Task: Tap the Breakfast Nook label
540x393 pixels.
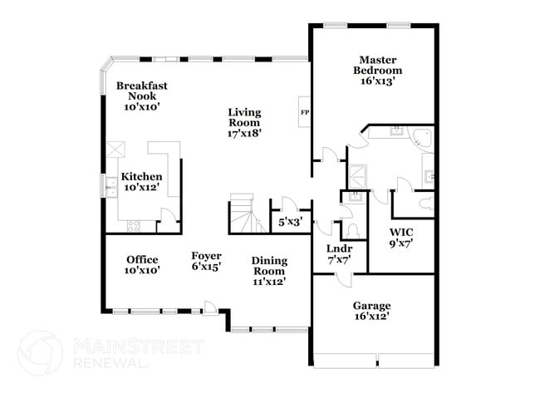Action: click(x=137, y=91)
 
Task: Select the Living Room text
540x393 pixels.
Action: click(x=245, y=117)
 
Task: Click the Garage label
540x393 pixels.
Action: click(x=370, y=306)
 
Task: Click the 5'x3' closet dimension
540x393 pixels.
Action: click(x=289, y=222)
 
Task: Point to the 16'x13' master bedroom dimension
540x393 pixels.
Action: click(x=376, y=81)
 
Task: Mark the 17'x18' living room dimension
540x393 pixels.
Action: click(x=245, y=134)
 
